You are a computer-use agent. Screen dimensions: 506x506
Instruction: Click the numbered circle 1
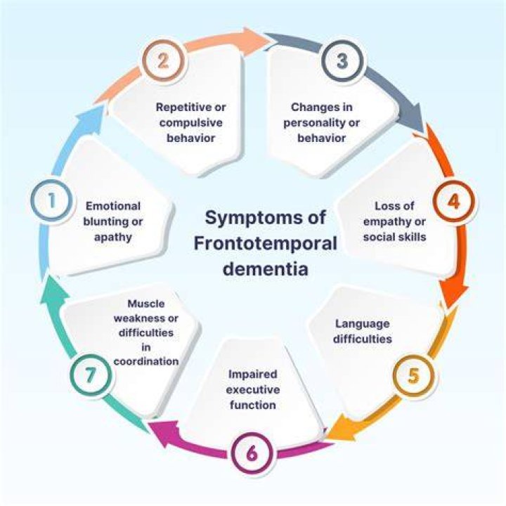point(51,200)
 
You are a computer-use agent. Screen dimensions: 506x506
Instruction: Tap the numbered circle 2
point(163,60)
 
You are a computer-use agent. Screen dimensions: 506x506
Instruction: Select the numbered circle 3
point(343,60)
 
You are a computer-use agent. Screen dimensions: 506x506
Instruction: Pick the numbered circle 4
point(454,202)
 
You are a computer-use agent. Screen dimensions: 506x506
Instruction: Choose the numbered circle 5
point(413,375)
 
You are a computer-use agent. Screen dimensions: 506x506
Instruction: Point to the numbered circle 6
point(252,453)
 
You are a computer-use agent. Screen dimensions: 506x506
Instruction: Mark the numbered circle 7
point(91,375)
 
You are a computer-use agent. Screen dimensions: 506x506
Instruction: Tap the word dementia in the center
point(265,268)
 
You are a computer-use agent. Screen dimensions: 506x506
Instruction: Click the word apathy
point(113,238)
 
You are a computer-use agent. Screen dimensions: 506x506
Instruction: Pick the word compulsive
point(190,123)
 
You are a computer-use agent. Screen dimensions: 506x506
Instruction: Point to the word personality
point(312,123)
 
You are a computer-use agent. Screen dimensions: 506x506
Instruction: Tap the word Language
point(363,324)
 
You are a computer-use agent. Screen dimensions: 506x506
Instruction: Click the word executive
point(253,390)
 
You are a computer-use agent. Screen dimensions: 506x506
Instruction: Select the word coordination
point(146,361)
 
